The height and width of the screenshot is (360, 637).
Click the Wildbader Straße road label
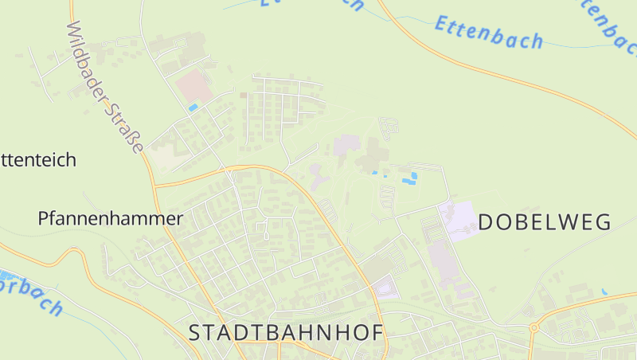pyautogui.click(x=106, y=88)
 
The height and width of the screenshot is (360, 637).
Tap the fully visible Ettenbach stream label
pyautogui.click(x=489, y=33)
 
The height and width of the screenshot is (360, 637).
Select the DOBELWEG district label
pyautogui.click(x=545, y=221)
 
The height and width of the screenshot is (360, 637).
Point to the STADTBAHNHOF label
pyautogui.click(x=287, y=333)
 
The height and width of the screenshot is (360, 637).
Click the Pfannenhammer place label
pyautogui.click(x=111, y=218)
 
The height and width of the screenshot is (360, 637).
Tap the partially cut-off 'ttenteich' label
pyautogui.click(x=37, y=159)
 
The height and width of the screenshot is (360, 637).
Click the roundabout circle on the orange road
pyautogui.click(x=534, y=327)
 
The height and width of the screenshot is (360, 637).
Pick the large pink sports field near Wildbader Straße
pyautogui.click(x=193, y=85)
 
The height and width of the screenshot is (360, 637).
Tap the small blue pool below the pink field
pyautogui.click(x=193, y=107)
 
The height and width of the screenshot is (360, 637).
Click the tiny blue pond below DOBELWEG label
pyautogui.click(x=604, y=292)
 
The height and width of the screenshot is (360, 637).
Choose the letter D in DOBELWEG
pyautogui.click(x=486, y=221)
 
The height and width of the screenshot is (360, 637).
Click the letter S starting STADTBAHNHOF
pyautogui.click(x=195, y=333)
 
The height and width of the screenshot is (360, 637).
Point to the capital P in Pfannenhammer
pyautogui.click(x=44, y=218)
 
